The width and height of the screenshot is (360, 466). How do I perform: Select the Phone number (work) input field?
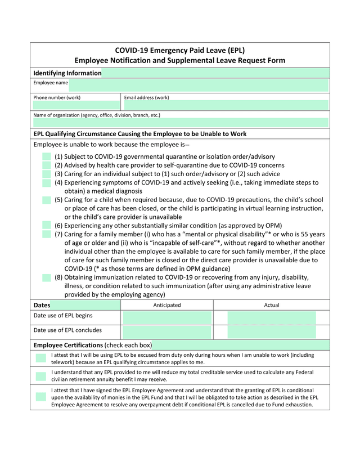pyautogui.click(x=76, y=105)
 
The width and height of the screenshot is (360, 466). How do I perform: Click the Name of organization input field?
pyautogui.click(x=180, y=123)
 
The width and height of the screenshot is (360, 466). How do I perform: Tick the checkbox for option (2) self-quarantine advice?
pyautogui.click(x=47, y=165)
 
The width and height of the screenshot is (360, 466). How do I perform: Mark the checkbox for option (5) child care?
pyautogui.click(x=47, y=200)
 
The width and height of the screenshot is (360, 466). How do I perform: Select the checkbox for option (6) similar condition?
pyautogui.click(x=47, y=225)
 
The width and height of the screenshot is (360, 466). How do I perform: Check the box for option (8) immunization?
pyautogui.click(x=47, y=277)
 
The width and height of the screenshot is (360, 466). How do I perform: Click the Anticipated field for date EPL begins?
pyautogui.click(x=166, y=317)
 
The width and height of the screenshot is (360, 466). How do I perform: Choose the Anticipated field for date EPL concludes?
pyautogui.click(x=166, y=331)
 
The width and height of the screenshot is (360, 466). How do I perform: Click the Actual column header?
pyautogui.click(x=271, y=305)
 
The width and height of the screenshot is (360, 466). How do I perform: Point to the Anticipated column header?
pyautogui.click(x=167, y=305)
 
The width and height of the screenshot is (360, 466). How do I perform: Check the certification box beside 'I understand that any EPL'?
pyautogui.click(x=40, y=376)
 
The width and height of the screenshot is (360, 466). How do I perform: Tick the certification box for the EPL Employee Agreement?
pyautogui.click(x=40, y=397)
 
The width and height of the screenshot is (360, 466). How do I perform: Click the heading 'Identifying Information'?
pyautogui.click(x=67, y=73)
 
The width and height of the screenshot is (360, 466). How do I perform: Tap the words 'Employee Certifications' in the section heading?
pyautogui.click(x=68, y=345)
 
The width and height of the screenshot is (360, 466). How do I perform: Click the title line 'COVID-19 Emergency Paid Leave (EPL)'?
pyautogui.click(x=180, y=50)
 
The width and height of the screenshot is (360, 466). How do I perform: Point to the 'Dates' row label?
pyautogui.click(x=42, y=305)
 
